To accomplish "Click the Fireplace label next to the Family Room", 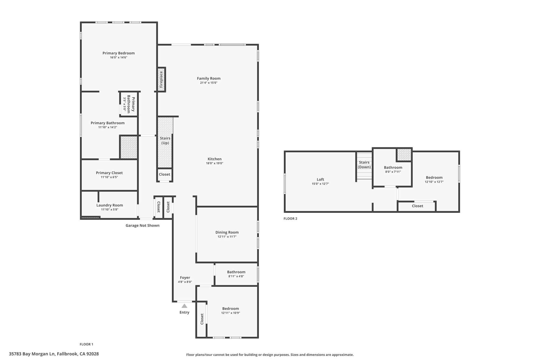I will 161,80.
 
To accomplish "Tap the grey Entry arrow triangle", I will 184,306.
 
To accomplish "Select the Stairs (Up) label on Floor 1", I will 165,141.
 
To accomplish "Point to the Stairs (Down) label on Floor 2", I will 364,165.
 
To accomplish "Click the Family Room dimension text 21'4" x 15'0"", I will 209,83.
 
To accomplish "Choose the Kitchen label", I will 214,159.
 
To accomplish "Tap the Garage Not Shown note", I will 142,225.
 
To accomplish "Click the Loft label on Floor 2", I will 320,179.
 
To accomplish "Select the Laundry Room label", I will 109,205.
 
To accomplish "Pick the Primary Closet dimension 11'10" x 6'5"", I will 109,177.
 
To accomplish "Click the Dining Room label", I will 227,232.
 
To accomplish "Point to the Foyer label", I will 185,277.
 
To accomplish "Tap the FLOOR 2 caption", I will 290,219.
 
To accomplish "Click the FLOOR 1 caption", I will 86,344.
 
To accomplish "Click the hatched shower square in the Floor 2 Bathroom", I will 404,155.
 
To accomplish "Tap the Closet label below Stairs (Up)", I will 165,174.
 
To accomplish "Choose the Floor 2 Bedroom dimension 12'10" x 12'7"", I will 434,182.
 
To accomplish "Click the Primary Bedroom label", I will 118,53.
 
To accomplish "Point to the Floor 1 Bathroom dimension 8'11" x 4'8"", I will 236,276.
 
